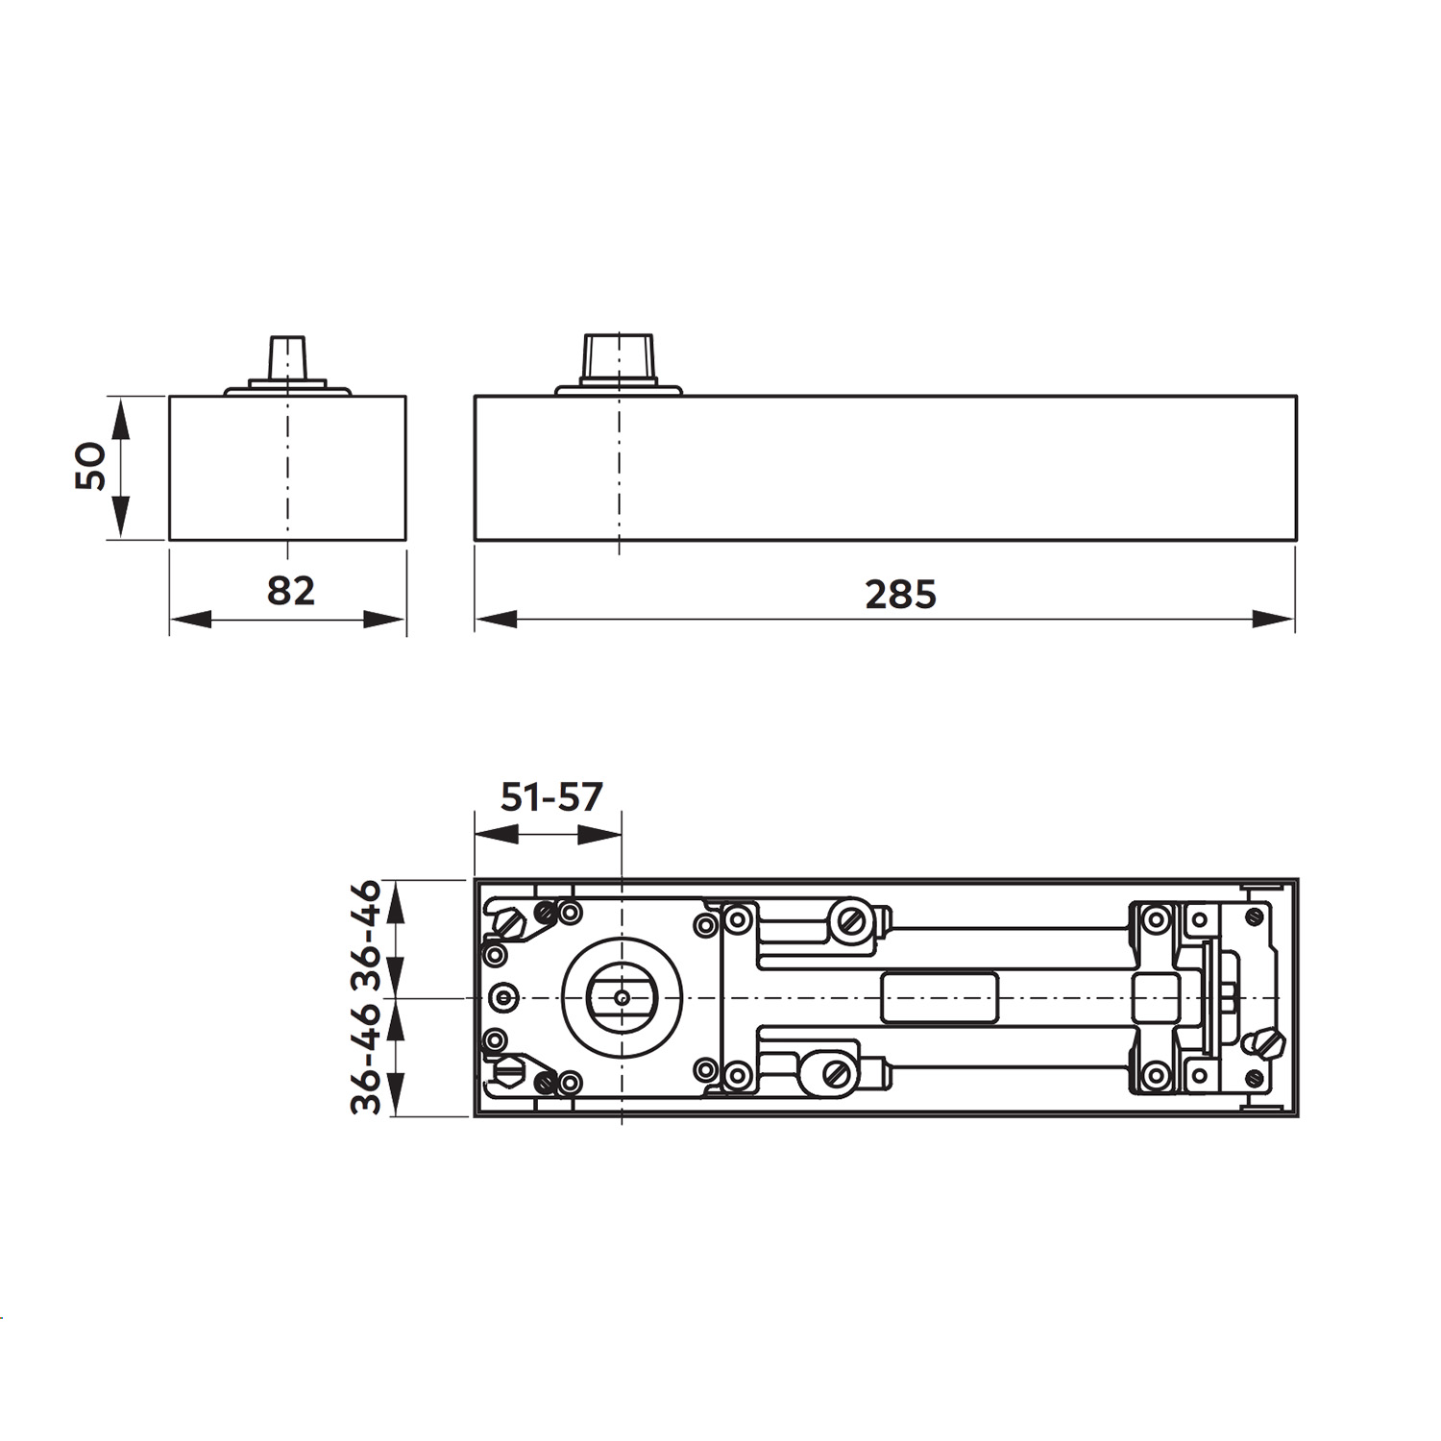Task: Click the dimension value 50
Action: tap(90, 466)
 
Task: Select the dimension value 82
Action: tap(291, 590)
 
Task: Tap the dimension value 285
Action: tap(900, 595)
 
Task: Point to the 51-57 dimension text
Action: tap(552, 796)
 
